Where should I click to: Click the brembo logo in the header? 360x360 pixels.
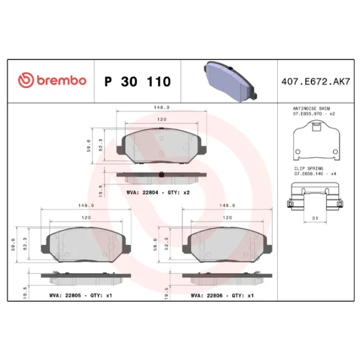(52, 81)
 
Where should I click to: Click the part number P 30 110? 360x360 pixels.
(137, 82)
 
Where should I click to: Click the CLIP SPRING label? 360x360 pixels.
(308, 168)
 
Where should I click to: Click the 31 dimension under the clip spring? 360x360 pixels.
(315, 218)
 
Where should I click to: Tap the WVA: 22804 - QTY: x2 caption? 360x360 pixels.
(158, 192)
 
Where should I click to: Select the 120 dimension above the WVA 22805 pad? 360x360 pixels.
(86, 217)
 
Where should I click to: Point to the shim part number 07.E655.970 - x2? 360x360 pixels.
(313, 113)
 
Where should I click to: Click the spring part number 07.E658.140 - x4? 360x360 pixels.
(314, 173)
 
